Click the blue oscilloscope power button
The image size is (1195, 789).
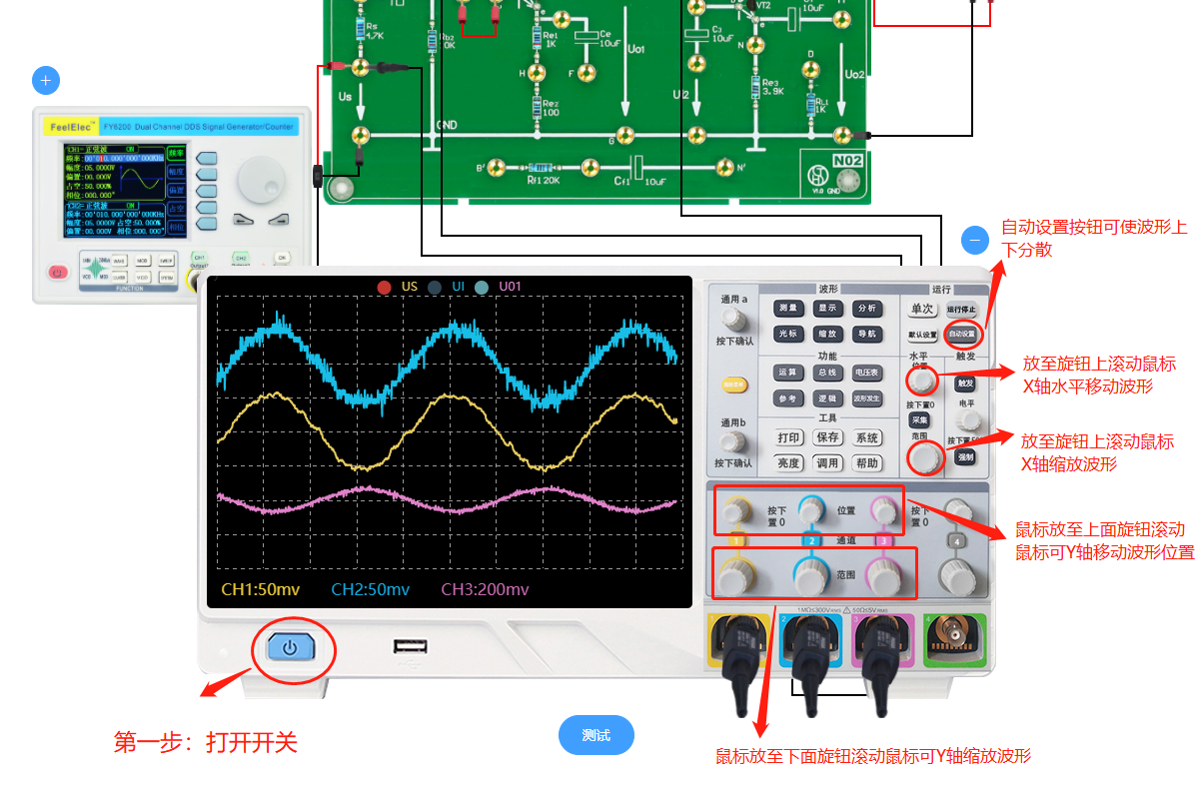[290, 648]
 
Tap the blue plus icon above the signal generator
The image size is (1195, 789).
[46, 80]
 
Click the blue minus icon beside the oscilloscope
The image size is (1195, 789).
[974, 240]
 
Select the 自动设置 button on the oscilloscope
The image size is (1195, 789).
[962, 333]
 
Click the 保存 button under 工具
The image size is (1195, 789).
[827, 437]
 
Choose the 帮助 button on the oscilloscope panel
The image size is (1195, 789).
[866, 463]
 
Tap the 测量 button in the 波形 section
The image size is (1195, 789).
[788, 309]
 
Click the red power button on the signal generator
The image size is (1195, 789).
[57, 272]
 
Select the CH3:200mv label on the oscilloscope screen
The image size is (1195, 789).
[485, 589]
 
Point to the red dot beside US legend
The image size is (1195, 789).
[384, 288]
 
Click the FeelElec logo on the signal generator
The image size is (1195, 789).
[71, 127]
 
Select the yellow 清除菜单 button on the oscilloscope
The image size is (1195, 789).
[735, 384]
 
